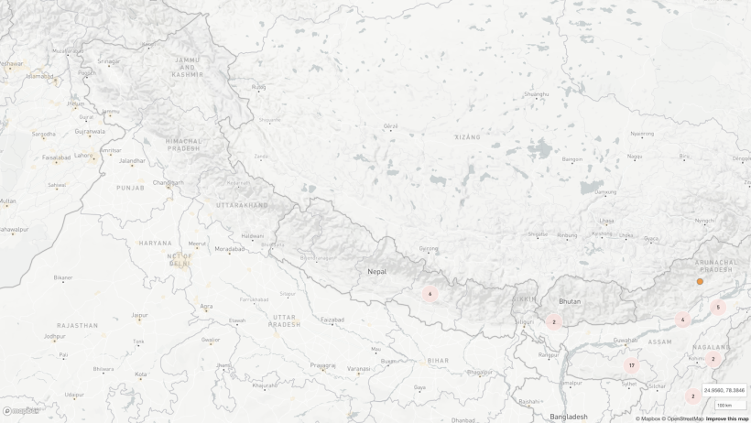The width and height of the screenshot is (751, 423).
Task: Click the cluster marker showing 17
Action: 631,365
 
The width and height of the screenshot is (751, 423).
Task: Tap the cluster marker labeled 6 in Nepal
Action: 430,294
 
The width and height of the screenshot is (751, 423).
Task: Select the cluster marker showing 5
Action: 718,308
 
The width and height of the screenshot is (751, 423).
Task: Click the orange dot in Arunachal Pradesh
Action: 700,282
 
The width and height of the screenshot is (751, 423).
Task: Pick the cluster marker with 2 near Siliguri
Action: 553,322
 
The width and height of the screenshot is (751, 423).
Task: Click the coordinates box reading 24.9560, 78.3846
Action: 724,390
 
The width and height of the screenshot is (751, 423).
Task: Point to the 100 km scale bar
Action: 730,405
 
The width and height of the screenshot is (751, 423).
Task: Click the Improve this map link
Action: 726,418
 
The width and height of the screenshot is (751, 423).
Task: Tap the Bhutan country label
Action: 570,301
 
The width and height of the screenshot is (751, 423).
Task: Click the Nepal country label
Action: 377,271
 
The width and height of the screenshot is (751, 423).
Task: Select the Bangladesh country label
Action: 569,417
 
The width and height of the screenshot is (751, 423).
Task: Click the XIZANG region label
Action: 467,137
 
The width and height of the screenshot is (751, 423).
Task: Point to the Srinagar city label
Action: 108,61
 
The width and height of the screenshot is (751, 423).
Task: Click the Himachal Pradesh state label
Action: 183,145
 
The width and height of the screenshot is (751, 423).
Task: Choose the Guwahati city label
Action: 626,340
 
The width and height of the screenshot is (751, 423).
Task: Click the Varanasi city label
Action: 359,368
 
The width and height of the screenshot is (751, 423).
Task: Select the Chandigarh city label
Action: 168,182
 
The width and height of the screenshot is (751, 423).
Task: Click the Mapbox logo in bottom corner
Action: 20,411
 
